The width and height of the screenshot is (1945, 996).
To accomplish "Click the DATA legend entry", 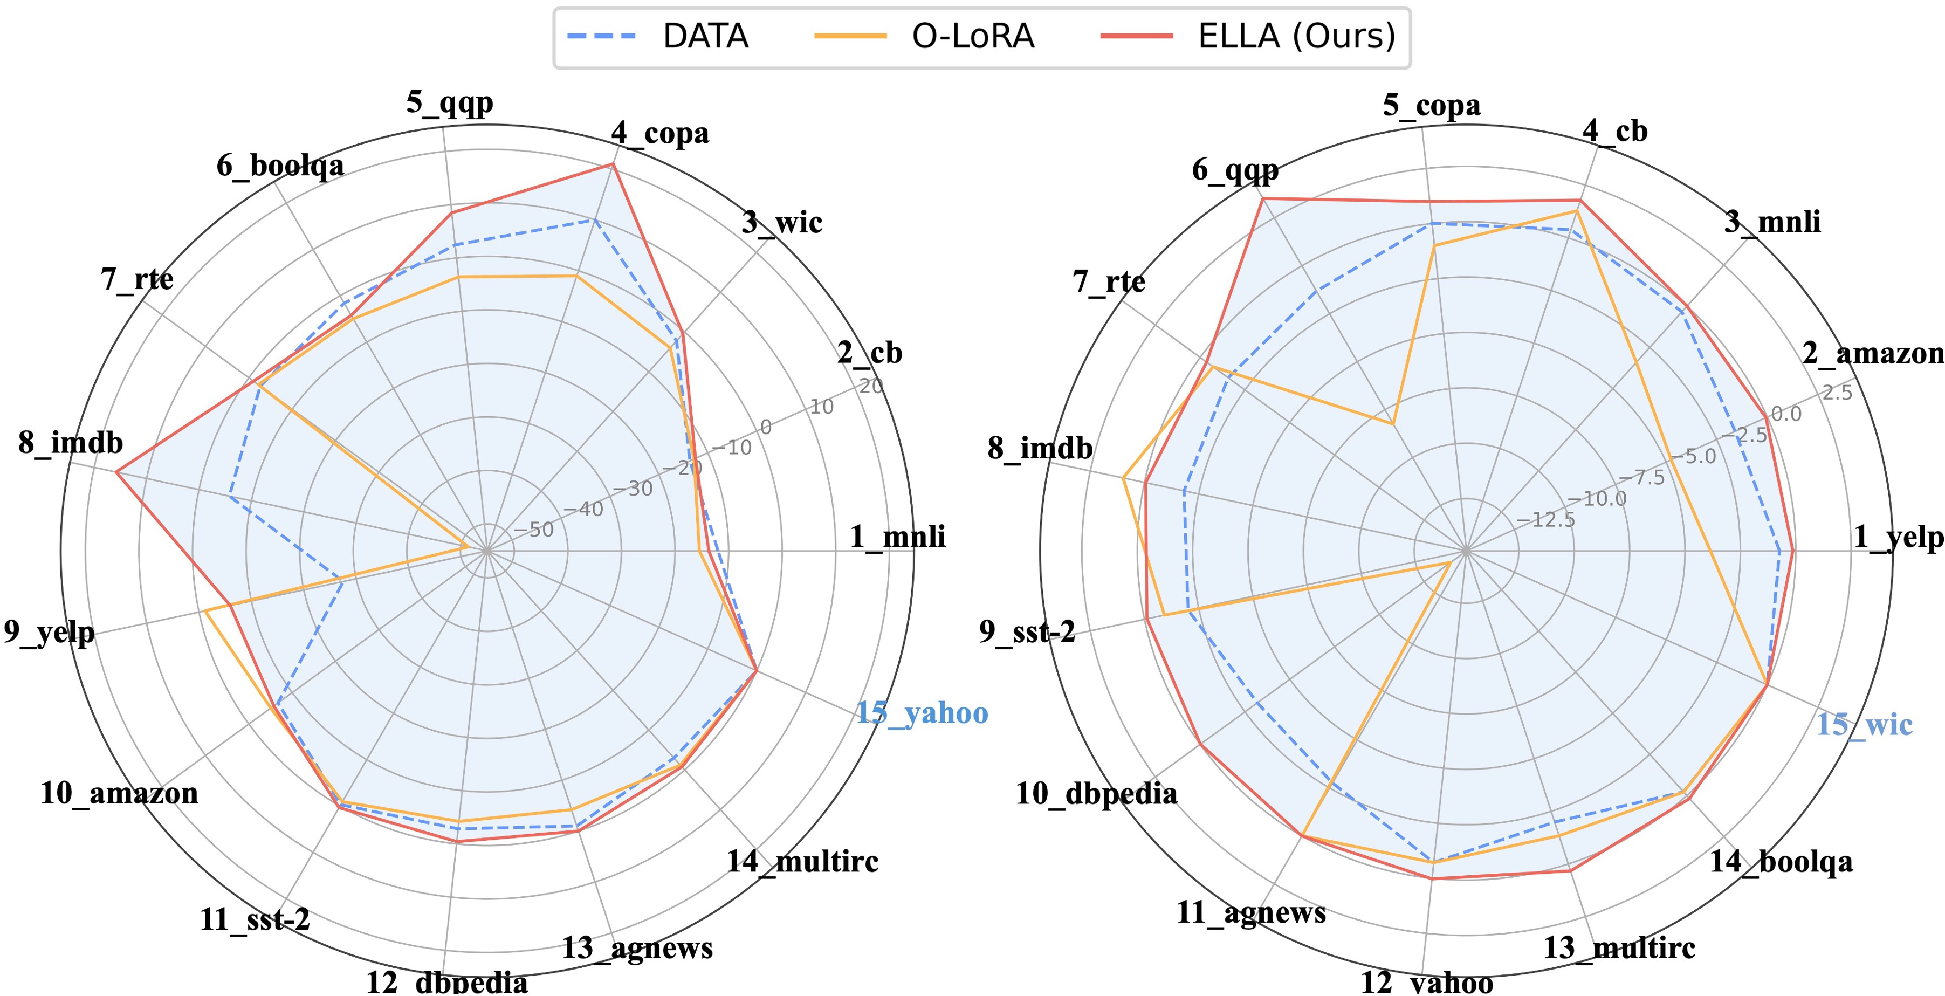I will [x=657, y=36].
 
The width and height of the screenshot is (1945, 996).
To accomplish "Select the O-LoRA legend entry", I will [x=924, y=36].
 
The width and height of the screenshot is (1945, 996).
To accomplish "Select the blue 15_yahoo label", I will [x=921, y=713].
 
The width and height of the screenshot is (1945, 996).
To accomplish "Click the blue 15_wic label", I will [x=1864, y=724].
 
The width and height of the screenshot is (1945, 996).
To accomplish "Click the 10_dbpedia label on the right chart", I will [x=1096, y=793].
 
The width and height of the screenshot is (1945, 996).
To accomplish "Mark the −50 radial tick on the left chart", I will [x=533, y=530].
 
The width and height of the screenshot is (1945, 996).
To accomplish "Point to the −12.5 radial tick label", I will [x=1545, y=520].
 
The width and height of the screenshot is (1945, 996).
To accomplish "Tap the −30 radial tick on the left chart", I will [x=632, y=489].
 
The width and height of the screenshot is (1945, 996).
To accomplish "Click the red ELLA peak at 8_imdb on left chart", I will [x=116, y=473].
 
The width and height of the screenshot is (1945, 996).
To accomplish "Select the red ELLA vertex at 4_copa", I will [x=614, y=164].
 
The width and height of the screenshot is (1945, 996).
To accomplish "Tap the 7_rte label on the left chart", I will [x=136, y=279].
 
